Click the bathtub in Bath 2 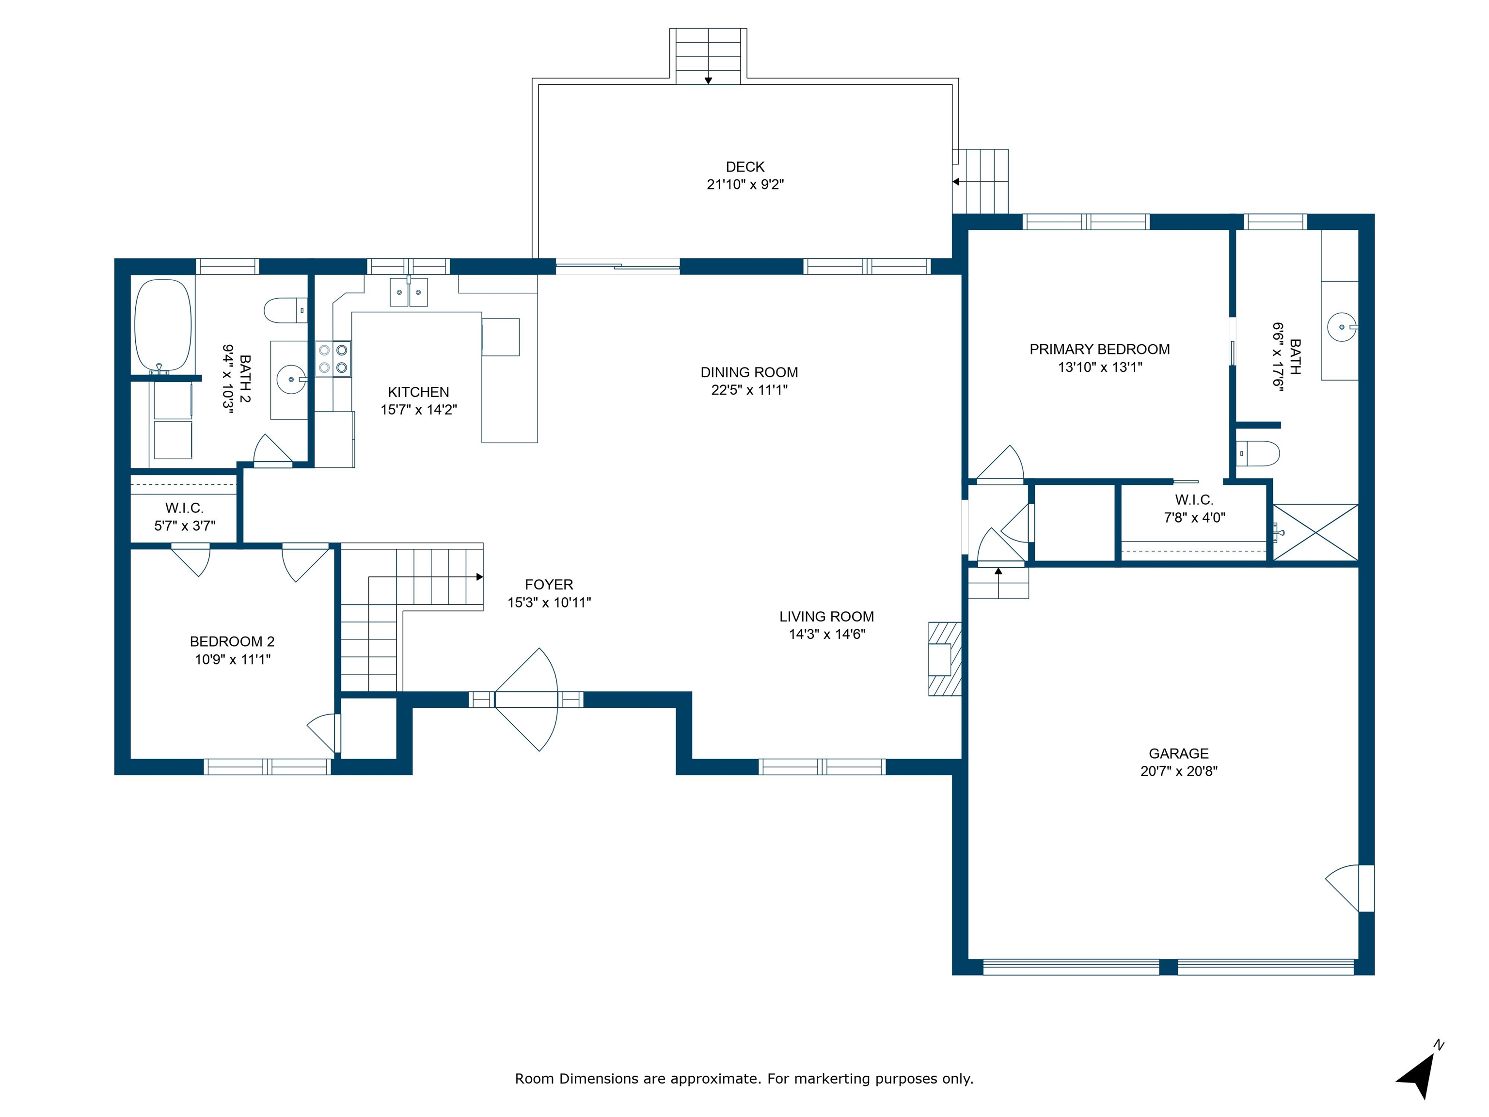[x=163, y=325]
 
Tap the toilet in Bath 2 [x=286, y=310]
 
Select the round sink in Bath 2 [x=291, y=380]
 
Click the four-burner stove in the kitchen [x=333, y=359]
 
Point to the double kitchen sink [x=409, y=292]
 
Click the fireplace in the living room [x=944, y=658]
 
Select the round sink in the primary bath [x=1342, y=327]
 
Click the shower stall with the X [x=1315, y=532]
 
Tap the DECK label [x=745, y=167]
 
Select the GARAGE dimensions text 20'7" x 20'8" [x=1179, y=771]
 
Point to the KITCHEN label [x=418, y=392]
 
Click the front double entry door [x=526, y=700]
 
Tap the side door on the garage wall [x=1350, y=888]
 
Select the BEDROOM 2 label [x=232, y=642]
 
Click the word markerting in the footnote [x=832, y=1079]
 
